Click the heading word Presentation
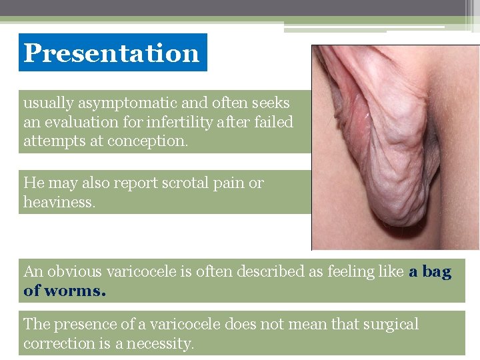click(x=111, y=53)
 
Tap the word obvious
click(x=78, y=271)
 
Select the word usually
click(x=49, y=103)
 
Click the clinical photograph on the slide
click(x=395, y=147)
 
